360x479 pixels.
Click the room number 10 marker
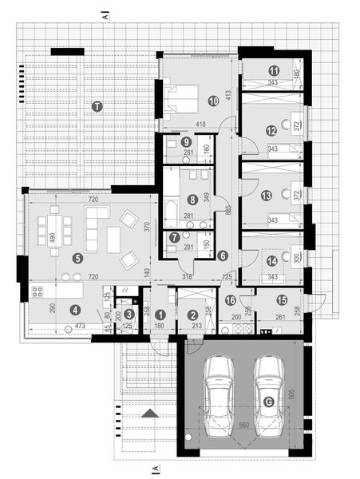tap(213, 101)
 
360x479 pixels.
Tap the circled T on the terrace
tap(97, 106)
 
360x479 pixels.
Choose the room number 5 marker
tap(77, 258)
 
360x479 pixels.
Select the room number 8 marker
tap(192, 200)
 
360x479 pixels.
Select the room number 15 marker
tap(281, 299)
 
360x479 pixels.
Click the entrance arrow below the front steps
tap(148, 414)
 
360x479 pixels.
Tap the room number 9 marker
tap(185, 142)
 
